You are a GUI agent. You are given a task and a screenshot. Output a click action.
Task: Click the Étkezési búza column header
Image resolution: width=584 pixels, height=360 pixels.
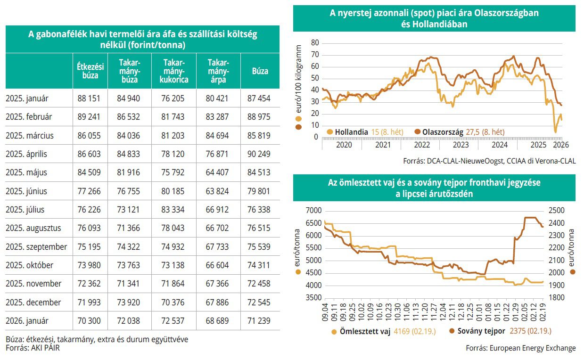coord(90,71)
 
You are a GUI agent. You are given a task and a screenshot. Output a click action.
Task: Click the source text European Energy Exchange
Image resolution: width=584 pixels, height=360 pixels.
coord(520,348)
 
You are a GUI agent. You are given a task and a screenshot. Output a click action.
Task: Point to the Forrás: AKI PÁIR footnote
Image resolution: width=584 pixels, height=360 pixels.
coord(33,348)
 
